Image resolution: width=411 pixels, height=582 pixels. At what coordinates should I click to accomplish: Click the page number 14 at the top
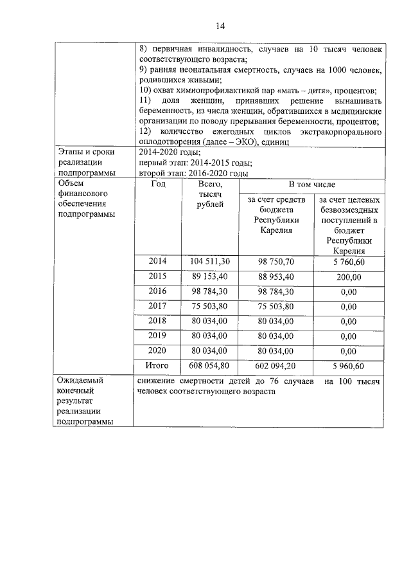point(220,26)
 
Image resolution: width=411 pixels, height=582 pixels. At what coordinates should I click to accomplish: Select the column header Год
point(157,184)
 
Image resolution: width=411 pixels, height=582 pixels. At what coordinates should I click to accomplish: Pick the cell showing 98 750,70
point(276,261)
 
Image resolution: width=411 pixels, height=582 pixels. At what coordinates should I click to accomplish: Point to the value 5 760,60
point(348,261)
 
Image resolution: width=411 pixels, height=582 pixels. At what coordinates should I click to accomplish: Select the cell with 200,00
point(348,277)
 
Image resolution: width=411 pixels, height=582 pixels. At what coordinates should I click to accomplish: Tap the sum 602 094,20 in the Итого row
point(276,366)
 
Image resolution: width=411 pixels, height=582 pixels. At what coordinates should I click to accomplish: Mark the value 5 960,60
point(348,366)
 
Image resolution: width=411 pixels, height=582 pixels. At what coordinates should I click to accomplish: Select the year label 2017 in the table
point(157,306)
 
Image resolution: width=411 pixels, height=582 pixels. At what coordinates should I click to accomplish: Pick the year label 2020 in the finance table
point(157,350)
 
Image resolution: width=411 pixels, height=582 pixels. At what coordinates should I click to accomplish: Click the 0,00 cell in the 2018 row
point(348,322)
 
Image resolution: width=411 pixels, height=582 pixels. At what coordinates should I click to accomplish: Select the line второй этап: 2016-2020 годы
point(193,173)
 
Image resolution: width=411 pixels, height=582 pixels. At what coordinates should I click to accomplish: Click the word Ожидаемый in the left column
point(81,380)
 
